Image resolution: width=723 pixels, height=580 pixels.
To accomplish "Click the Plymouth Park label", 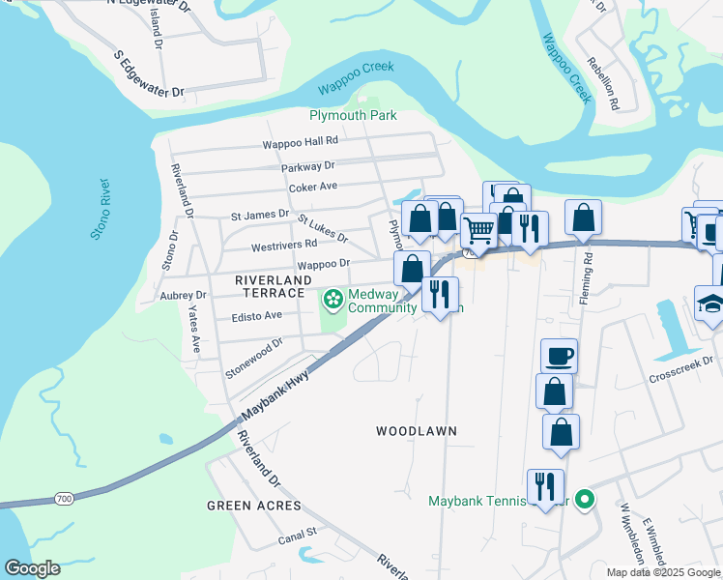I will tap(353, 115).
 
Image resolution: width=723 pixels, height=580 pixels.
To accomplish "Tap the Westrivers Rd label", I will tap(284, 246).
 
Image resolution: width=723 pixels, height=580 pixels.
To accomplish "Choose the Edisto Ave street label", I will tap(257, 315).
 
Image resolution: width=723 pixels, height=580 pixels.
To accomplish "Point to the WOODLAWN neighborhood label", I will tap(416, 430).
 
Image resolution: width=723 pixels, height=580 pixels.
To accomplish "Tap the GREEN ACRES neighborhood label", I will tap(254, 506).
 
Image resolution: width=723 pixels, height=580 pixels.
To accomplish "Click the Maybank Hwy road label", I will tap(275, 393).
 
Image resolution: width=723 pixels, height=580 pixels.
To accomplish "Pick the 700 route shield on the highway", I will tap(64, 499).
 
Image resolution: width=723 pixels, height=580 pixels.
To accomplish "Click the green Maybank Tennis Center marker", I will tap(584, 500).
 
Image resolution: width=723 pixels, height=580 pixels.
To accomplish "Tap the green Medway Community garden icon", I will tap(333, 300).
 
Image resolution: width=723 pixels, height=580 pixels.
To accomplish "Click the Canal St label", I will tap(298, 533).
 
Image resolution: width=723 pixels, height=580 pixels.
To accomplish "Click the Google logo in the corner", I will tap(32, 568).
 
